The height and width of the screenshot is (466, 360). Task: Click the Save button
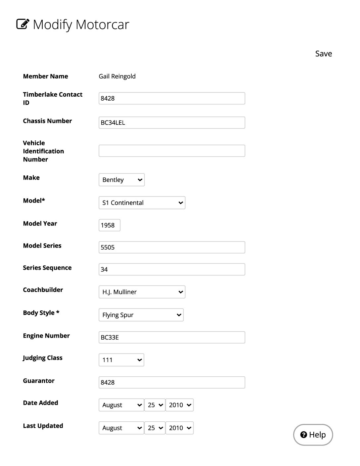click(323, 54)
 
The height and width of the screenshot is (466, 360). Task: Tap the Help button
click(313, 435)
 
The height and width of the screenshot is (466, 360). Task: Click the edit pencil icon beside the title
click(23, 24)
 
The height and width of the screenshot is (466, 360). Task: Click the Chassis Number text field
click(172, 122)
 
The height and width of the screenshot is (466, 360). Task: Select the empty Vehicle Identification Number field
click(172, 151)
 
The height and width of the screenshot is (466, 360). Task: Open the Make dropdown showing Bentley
click(121, 180)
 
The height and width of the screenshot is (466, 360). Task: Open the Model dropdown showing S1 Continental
click(142, 203)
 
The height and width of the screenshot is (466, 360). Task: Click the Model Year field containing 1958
click(109, 225)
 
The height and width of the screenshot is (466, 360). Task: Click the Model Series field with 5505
click(172, 247)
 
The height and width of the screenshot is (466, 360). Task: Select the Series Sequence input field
click(172, 269)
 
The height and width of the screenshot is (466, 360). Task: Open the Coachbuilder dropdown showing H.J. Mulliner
click(142, 292)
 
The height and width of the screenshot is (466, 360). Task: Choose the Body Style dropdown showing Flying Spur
click(141, 315)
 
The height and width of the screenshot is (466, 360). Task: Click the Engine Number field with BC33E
click(172, 337)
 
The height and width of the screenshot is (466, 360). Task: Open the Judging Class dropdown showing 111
click(121, 360)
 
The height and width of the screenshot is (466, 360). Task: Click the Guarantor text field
click(172, 382)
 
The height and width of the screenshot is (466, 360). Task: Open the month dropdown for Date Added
click(121, 405)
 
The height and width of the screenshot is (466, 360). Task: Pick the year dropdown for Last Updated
click(179, 428)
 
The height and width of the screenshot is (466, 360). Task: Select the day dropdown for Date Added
click(155, 405)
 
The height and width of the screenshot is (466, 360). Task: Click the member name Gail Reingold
click(117, 76)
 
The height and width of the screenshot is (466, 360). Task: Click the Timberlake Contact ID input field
click(172, 98)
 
